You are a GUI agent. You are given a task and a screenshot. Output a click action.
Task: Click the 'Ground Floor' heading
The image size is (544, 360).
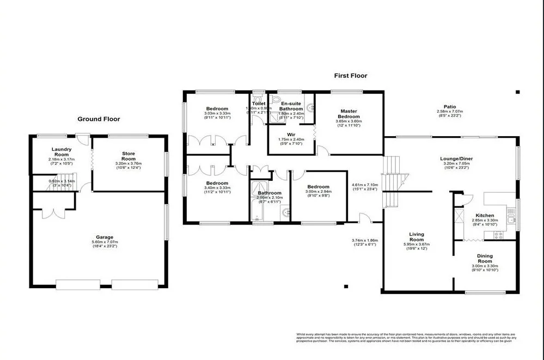click(x=99, y=119)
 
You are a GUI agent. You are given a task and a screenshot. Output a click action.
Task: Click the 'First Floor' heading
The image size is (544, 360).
click(x=351, y=76)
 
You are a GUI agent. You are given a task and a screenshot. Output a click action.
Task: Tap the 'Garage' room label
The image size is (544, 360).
click(x=105, y=237)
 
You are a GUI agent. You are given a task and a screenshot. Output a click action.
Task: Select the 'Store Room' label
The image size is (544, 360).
click(x=128, y=156)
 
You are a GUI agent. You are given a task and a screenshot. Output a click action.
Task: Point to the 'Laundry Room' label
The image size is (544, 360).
click(x=62, y=152)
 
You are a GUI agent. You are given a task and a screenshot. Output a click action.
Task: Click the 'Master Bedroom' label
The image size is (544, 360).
click(x=349, y=114)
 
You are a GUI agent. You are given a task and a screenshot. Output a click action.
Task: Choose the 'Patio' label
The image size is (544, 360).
click(x=450, y=107)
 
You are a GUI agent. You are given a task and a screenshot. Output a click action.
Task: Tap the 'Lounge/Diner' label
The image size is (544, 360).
click(x=456, y=159)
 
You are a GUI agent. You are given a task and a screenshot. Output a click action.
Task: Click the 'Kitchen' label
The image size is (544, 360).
click(x=484, y=215)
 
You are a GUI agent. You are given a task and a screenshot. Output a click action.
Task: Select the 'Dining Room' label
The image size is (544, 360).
click(x=485, y=259)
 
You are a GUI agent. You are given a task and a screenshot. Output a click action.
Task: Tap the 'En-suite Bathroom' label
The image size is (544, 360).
click(x=291, y=106)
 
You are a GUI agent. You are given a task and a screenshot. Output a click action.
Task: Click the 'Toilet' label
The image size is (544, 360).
click(x=259, y=103)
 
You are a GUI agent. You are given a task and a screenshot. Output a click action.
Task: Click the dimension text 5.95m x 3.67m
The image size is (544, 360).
click(x=417, y=245)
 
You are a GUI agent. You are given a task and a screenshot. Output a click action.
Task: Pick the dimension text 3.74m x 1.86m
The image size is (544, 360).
click(x=364, y=240)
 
